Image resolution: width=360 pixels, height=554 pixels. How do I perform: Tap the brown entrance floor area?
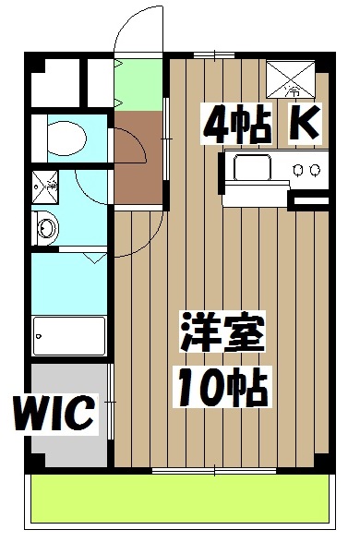138,157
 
